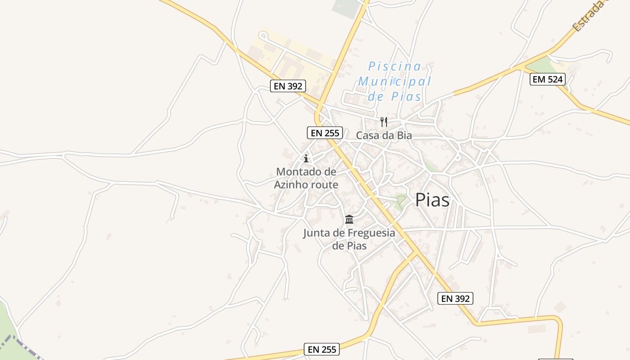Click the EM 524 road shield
point(547,80)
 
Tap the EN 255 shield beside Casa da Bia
point(325,133)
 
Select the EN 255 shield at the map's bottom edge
point(322,349)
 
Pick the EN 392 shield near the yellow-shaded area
point(288,86)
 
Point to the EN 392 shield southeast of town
point(455,298)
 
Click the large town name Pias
point(432,200)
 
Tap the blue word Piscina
point(395,67)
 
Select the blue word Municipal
point(394,81)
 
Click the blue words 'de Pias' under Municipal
point(394,96)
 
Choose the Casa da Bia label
point(384,135)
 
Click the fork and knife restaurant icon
point(384,121)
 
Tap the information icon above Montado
point(306,158)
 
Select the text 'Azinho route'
point(306,184)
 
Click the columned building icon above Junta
point(349,219)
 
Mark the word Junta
point(319,233)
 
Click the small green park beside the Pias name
point(399,201)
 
